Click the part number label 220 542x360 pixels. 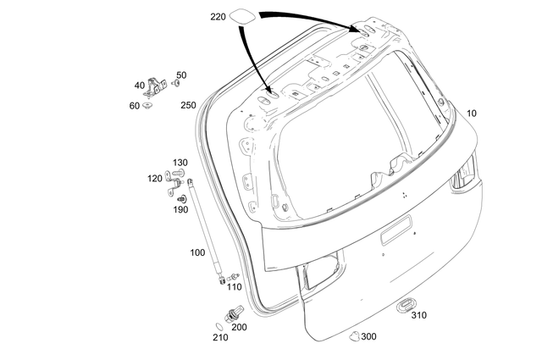218,17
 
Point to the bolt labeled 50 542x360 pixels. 175,83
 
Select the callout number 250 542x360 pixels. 188,105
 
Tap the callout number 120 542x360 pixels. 154,178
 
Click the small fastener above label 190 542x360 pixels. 180,198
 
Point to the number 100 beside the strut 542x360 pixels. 197,252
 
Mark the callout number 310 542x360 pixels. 419,315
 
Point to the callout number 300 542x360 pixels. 368,336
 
